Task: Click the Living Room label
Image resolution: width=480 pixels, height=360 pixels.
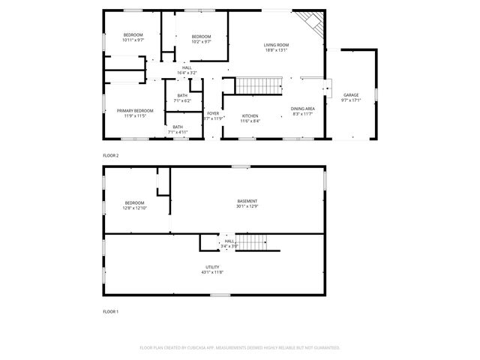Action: pyautogui.click(x=276, y=45)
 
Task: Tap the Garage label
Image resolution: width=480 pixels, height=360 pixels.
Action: pyautogui.click(x=351, y=95)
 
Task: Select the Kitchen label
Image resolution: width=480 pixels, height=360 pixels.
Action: pyautogui.click(x=250, y=115)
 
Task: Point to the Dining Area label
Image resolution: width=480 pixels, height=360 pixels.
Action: pyautogui.click(x=303, y=109)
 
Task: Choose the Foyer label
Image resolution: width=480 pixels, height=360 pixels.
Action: pyautogui.click(x=214, y=113)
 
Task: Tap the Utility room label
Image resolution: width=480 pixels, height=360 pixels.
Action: pyautogui.click(x=212, y=267)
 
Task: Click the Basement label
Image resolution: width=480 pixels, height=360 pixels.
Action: pyautogui.click(x=247, y=201)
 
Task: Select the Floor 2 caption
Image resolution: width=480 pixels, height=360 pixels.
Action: pyautogui.click(x=110, y=155)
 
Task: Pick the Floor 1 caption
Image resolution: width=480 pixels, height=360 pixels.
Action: pyautogui.click(x=110, y=310)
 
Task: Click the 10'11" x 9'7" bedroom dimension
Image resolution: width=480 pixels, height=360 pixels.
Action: pyautogui.click(x=133, y=40)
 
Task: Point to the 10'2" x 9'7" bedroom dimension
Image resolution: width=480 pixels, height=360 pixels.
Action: pyautogui.click(x=201, y=42)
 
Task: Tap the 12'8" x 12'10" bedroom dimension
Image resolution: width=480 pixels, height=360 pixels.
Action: pyautogui.click(x=135, y=208)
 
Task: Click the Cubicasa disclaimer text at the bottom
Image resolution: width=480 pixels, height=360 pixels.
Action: pyautogui.click(x=240, y=348)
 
